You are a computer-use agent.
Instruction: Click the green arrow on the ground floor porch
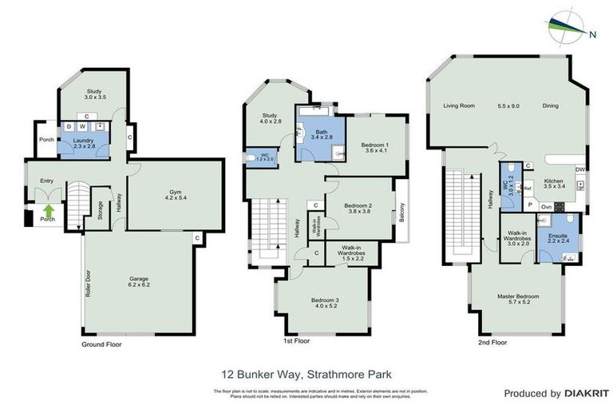[x=47, y=211]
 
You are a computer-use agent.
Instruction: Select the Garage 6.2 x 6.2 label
[x=140, y=282]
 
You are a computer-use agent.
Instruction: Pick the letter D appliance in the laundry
[x=69, y=126]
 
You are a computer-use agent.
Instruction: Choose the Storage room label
[x=100, y=209]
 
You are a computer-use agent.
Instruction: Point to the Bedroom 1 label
[x=370, y=147]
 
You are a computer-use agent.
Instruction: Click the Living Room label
[x=459, y=105]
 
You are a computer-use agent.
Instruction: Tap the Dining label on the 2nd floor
[x=550, y=105]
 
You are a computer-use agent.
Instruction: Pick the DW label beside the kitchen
[x=579, y=169]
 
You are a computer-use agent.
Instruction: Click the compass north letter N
[x=592, y=34]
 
